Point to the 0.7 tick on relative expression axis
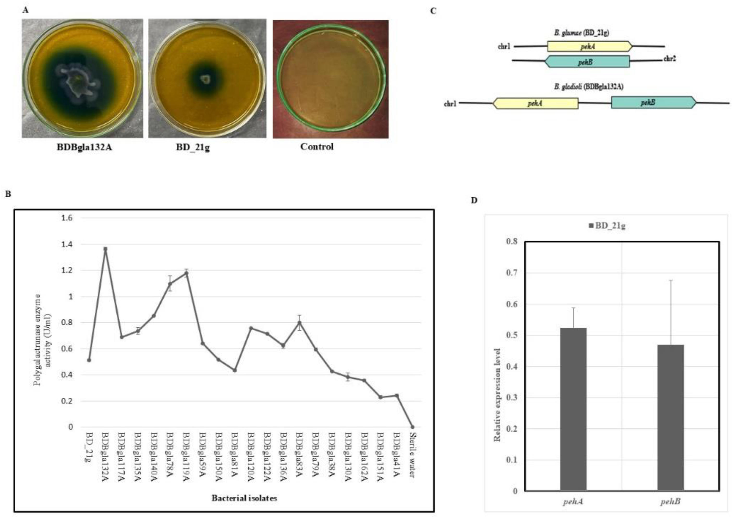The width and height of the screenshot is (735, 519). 512,272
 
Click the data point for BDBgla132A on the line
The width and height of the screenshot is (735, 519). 105,248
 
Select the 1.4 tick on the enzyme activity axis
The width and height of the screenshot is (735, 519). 67,244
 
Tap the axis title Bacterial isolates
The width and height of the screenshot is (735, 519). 244,498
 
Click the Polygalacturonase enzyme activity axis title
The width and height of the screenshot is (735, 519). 42,340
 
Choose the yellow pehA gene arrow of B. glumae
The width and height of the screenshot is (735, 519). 589,46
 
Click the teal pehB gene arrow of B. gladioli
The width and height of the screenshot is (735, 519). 653,103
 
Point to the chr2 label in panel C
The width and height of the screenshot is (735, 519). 669,59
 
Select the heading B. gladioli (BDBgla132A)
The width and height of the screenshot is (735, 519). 588,87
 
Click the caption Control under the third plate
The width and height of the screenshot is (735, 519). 317,147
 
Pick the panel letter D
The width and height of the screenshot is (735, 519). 474,200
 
